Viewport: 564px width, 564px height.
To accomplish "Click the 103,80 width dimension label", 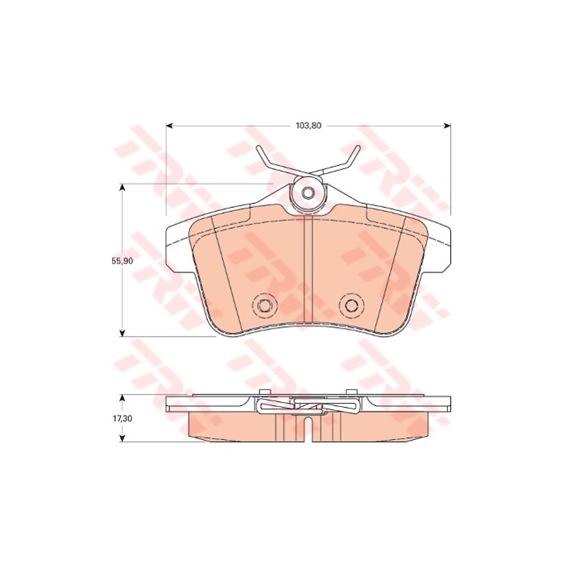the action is [x=309, y=126].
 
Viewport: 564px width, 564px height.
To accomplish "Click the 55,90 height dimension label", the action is [x=122, y=261].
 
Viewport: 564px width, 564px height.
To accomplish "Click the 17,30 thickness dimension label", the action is [x=122, y=418].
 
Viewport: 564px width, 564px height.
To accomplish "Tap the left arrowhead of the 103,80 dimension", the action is [x=170, y=126].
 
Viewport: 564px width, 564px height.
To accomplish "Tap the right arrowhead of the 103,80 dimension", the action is [x=446, y=126].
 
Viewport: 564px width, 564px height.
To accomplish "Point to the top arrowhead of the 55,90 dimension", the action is [x=122, y=188].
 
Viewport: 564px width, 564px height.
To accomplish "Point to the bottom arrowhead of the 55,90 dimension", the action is [x=122, y=333].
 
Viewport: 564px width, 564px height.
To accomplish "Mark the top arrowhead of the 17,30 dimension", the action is [x=122, y=398].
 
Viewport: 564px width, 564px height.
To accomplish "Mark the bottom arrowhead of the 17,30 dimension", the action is [x=122, y=438].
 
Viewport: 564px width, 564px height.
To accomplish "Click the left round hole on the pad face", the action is [x=265, y=305].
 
